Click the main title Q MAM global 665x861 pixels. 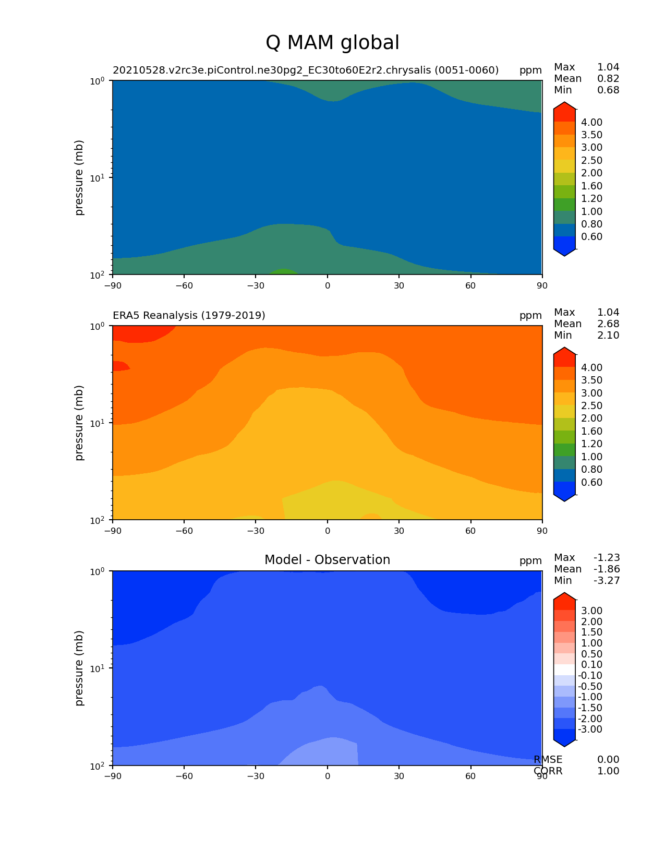[332, 43]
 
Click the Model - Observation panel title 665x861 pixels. [327, 560]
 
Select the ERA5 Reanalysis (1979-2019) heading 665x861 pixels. [189, 315]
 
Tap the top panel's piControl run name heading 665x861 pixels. [306, 70]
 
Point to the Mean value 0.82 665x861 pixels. [608, 79]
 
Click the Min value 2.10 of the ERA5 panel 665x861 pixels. [608, 336]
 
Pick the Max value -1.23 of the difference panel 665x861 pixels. [607, 558]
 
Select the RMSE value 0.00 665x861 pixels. [608, 760]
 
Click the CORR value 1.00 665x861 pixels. [608, 771]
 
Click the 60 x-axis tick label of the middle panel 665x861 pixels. [471, 531]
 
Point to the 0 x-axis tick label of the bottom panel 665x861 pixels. [328, 776]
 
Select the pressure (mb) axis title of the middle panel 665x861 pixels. [79, 423]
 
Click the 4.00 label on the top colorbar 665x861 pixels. [591, 123]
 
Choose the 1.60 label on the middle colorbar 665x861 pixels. [591, 432]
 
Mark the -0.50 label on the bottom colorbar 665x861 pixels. [590, 687]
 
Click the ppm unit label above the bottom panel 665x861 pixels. [530, 561]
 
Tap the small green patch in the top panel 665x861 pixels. [284, 271]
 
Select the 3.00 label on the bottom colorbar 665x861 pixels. [591, 611]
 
